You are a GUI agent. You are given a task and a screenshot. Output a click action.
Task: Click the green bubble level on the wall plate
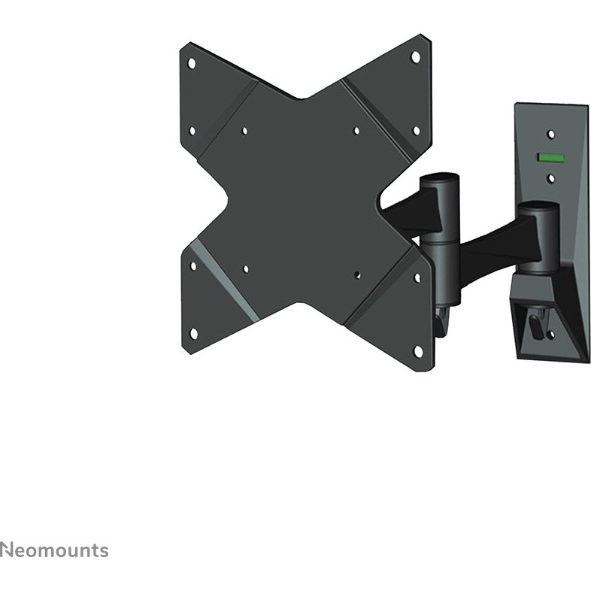(x=550, y=157)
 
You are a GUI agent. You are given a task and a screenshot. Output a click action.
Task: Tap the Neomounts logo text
(x=54, y=550)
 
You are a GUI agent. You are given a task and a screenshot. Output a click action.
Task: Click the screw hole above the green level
(x=551, y=134)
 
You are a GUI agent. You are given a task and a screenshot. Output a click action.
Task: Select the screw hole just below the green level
(x=551, y=178)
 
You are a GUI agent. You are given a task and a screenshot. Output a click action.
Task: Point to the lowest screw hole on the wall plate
(x=551, y=334)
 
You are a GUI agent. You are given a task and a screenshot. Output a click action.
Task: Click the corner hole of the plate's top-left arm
(x=192, y=62)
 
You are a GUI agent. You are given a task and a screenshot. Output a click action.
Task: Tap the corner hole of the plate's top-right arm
(x=415, y=57)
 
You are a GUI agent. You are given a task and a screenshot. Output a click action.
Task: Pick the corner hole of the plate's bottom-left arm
(x=194, y=333)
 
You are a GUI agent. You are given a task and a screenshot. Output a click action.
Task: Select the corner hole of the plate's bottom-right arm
(x=418, y=351)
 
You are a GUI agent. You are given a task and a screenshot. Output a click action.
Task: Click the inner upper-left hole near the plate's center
(x=244, y=131)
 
